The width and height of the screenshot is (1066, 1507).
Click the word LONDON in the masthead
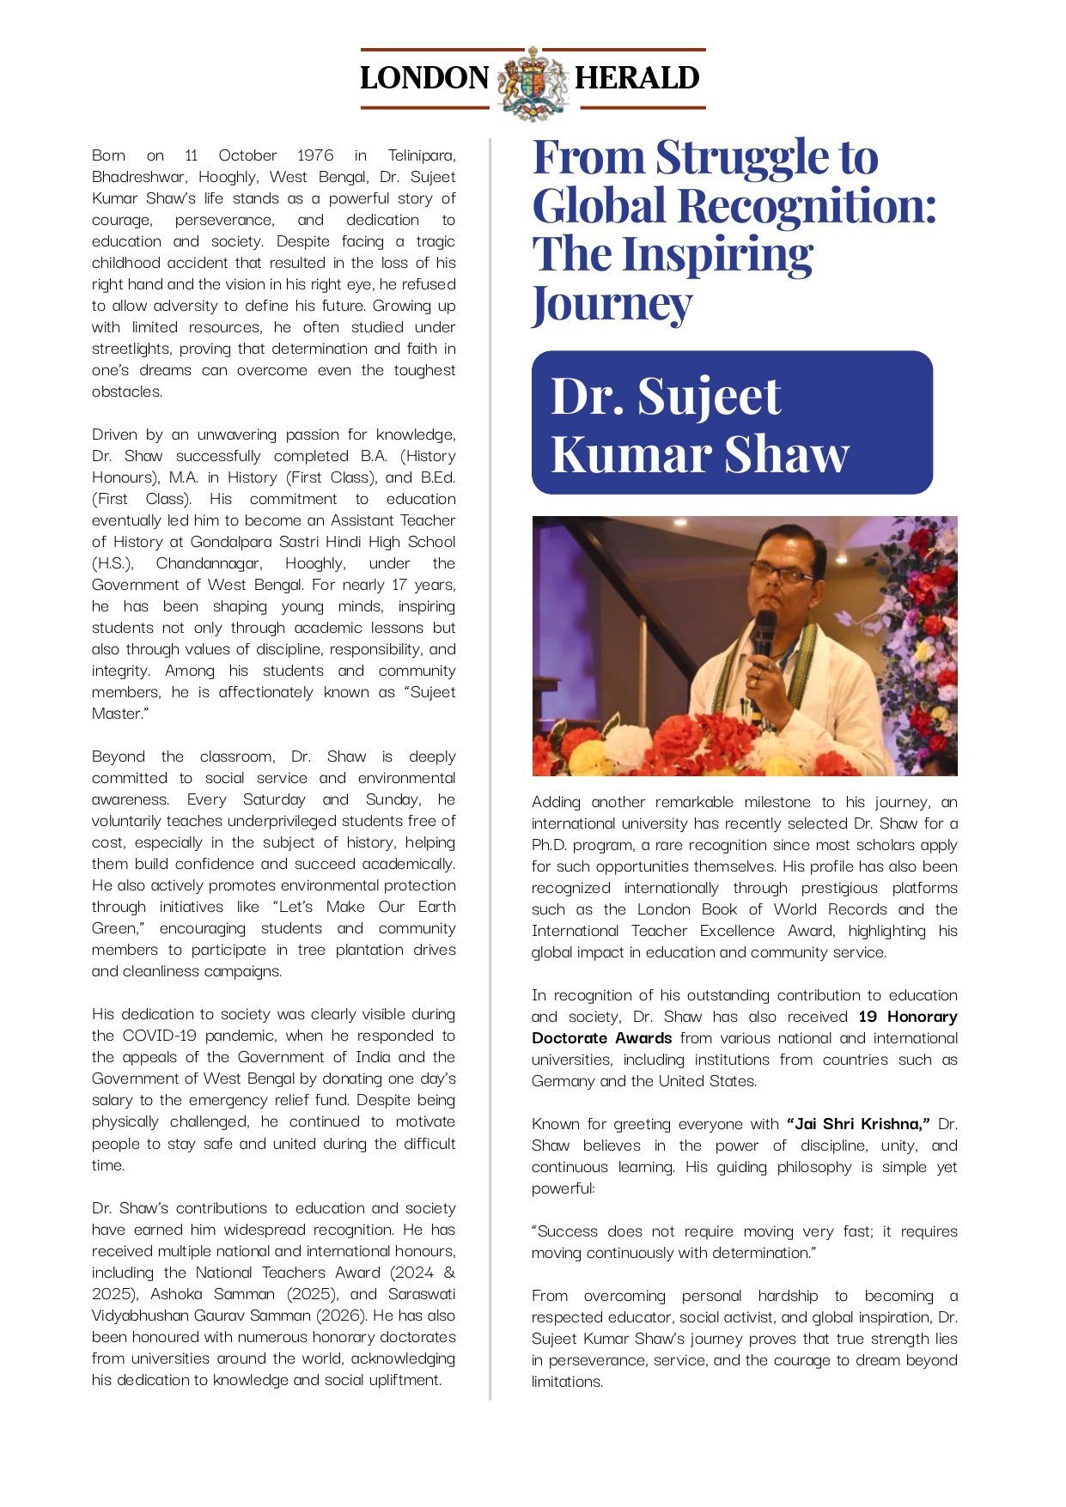(423, 78)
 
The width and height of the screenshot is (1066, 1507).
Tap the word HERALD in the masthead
(637, 78)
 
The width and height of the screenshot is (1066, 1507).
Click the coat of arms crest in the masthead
(533, 82)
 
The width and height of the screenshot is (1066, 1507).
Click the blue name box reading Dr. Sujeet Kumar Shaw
(732, 422)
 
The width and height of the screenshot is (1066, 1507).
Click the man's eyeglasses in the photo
(780, 570)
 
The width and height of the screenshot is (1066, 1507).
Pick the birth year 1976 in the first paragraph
(315, 155)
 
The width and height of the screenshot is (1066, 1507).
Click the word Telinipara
(421, 155)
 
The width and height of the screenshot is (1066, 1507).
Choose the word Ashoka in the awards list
(176, 1294)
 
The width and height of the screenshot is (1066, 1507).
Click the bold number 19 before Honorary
(868, 1017)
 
